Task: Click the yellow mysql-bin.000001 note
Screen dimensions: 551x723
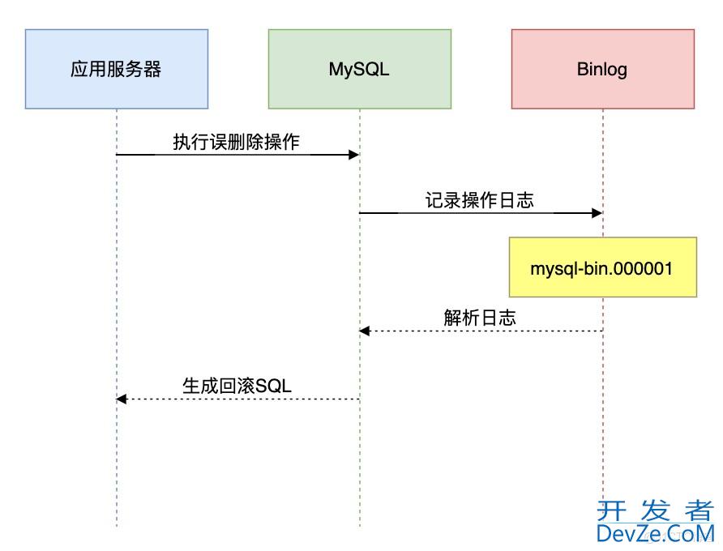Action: [602, 267]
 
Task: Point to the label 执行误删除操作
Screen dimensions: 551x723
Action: [237, 142]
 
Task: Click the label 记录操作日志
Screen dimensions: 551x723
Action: [480, 200]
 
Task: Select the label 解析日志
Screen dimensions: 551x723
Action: [480, 318]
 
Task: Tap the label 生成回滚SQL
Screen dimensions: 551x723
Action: [237, 386]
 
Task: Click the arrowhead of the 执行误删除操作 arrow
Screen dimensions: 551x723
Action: [355, 154]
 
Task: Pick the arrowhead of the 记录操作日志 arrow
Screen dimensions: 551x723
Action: [598, 212]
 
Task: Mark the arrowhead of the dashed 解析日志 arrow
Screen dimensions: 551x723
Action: [364, 331]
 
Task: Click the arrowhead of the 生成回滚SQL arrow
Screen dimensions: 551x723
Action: [121, 399]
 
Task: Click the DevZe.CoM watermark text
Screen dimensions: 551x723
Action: [655, 533]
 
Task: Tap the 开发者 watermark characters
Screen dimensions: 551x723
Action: [655, 510]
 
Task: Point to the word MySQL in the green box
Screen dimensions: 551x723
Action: [359, 69]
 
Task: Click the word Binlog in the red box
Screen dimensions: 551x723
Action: [602, 69]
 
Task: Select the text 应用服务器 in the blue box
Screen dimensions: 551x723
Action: [116, 69]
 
